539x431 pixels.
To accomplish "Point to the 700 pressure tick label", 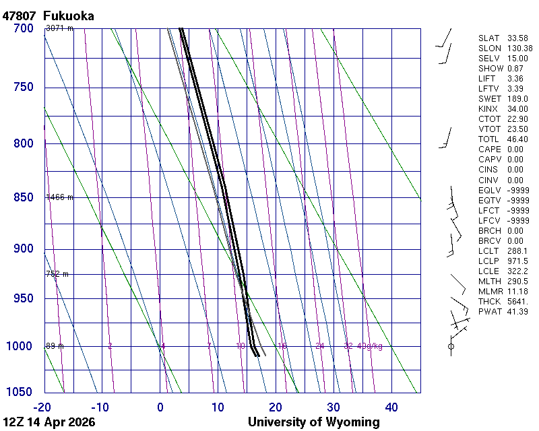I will click(x=23, y=28).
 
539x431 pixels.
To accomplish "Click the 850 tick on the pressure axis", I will click(x=23, y=197).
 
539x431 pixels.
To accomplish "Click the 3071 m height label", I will click(x=59, y=28).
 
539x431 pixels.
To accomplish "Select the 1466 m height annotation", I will click(x=59, y=197).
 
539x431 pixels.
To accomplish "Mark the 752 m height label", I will click(x=57, y=274).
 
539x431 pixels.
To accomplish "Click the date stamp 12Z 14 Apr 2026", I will click(x=49, y=422).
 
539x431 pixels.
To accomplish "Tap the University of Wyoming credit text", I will click(x=313, y=422).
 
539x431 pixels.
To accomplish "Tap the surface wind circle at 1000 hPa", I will click(x=451, y=346).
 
